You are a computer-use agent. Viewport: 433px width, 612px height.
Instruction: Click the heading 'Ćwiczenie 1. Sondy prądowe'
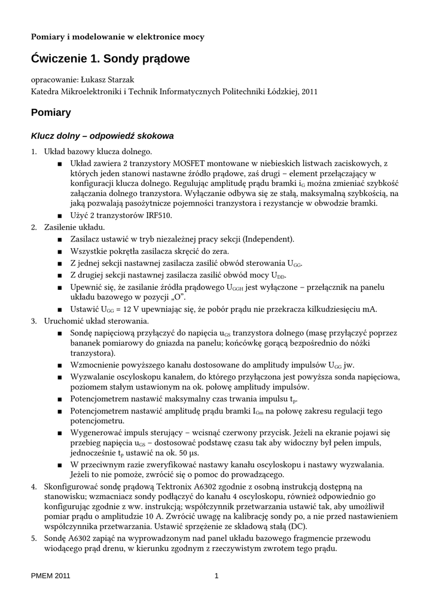click(110, 59)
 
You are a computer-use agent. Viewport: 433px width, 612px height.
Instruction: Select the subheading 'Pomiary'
click(51, 112)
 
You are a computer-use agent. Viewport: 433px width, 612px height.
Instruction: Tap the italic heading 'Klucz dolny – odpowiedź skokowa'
click(102, 136)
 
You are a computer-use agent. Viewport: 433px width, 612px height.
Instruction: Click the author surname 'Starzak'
click(122, 80)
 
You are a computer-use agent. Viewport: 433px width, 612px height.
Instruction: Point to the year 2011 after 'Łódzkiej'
click(309, 92)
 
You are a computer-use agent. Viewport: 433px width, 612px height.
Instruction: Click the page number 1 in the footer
click(216, 576)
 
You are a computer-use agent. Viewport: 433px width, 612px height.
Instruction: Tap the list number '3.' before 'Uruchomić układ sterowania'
click(35, 321)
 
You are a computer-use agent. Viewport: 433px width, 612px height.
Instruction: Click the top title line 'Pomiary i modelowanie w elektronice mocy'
click(118, 37)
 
